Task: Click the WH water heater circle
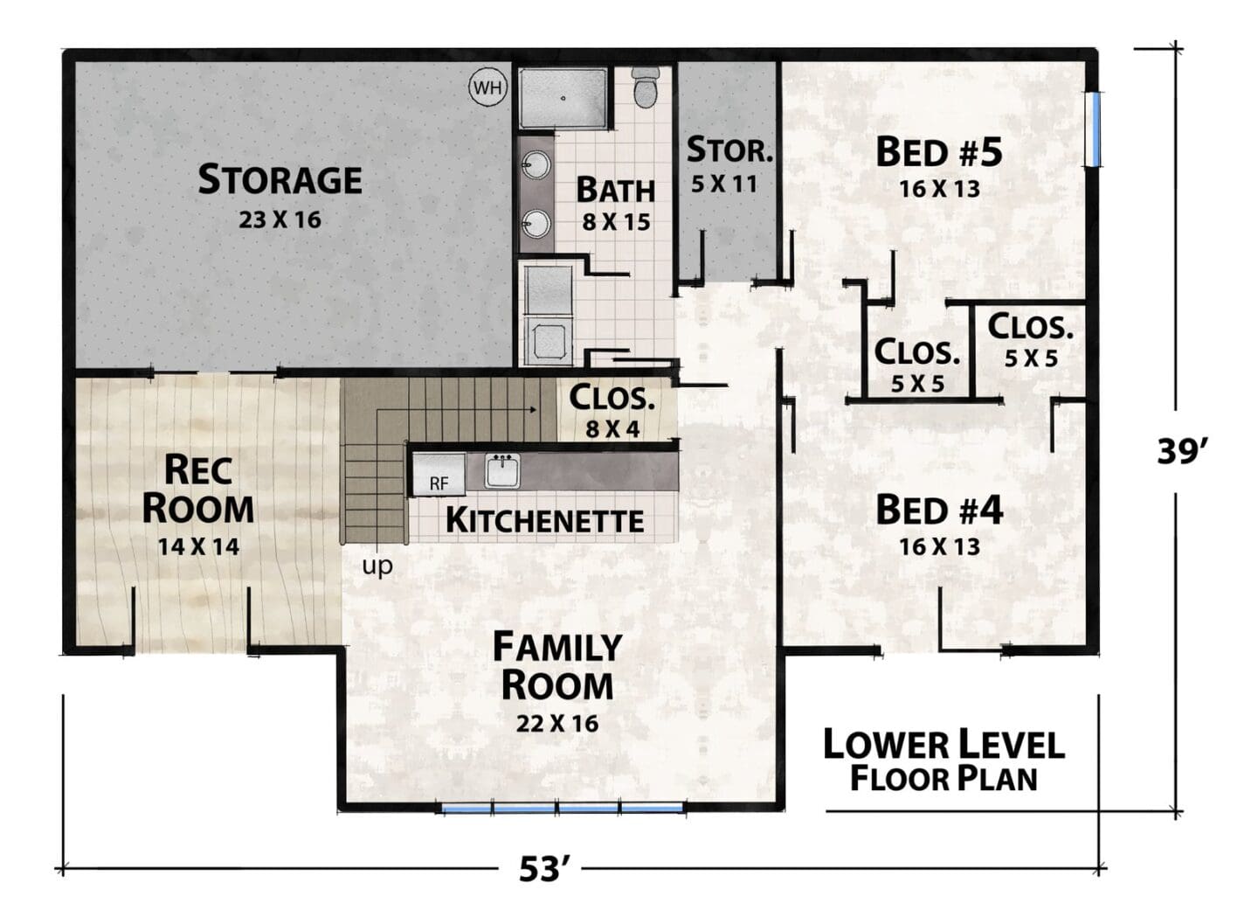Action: (x=487, y=87)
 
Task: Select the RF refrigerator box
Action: (x=439, y=475)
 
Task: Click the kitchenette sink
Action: (x=502, y=471)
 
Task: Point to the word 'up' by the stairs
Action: (x=377, y=566)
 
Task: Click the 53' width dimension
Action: (x=540, y=869)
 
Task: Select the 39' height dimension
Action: (x=1181, y=451)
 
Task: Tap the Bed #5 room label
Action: (x=939, y=152)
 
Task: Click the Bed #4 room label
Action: (x=939, y=510)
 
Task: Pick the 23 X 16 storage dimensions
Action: (x=280, y=219)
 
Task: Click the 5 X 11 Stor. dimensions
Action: (x=724, y=184)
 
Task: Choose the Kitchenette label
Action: (x=544, y=520)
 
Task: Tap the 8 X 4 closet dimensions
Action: (x=612, y=430)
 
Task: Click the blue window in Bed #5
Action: (x=1092, y=129)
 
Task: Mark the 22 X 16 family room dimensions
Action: (x=557, y=723)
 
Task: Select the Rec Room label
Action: (x=197, y=490)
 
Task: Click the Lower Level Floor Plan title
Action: (x=943, y=761)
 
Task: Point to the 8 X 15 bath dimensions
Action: (x=616, y=223)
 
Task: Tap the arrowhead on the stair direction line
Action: (x=532, y=410)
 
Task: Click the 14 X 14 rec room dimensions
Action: (x=198, y=546)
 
